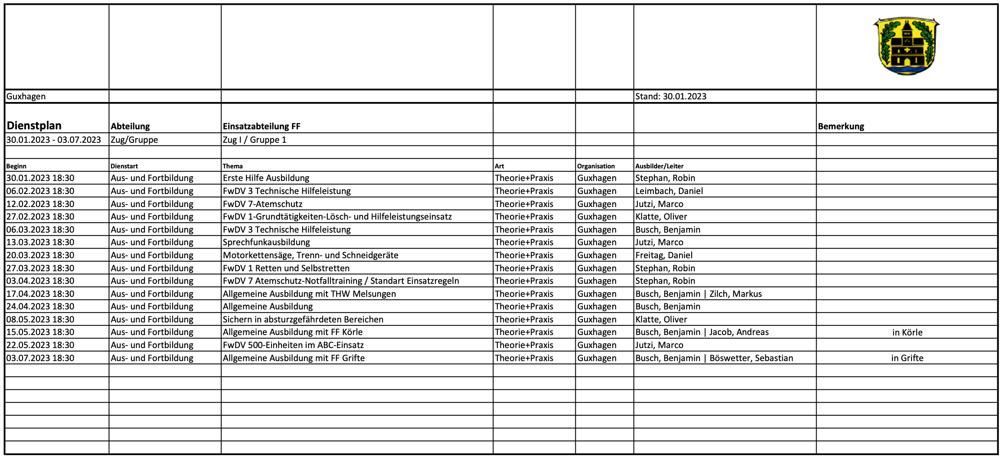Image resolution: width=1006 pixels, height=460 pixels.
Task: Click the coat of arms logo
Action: tap(906, 46)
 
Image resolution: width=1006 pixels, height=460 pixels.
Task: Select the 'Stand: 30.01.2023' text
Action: tap(670, 96)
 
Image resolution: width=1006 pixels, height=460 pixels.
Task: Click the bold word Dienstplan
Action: tap(34, 126)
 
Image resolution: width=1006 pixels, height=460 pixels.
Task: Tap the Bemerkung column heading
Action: tap(841, 126)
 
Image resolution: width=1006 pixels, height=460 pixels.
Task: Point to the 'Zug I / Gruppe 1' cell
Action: tap(255, 140)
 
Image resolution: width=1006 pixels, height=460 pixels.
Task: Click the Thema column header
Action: tap(232, 166)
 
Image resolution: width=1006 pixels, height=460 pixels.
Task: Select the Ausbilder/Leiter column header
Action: tap(659, 166)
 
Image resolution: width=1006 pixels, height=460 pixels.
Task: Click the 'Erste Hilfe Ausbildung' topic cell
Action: tap(266, 178)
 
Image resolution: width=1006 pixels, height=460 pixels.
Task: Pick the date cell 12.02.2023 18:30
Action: tap(40, 204)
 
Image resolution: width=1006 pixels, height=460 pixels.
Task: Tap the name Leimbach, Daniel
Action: tap(669, 191)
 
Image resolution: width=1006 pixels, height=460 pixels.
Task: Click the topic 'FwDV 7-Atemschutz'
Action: tap(262, 204)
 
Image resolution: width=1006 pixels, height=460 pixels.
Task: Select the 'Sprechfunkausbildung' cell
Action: tap(266, 242)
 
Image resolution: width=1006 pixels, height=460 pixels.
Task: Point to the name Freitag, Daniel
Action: tap(663, 255)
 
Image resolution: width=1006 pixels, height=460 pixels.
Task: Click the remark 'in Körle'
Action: tap(907, 332)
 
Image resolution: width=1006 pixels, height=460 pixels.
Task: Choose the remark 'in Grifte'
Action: tap(907, 358)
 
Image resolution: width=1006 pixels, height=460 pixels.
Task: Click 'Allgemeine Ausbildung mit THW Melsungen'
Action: tap(309, 294)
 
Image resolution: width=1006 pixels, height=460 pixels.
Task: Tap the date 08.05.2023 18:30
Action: tap(40, 319)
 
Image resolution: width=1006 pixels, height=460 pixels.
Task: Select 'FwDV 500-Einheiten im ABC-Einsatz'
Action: tap(293, 345)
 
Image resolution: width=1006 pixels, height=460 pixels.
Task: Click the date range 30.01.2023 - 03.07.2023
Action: tap(53, 140)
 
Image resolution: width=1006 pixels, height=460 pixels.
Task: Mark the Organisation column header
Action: tap(595, 166)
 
